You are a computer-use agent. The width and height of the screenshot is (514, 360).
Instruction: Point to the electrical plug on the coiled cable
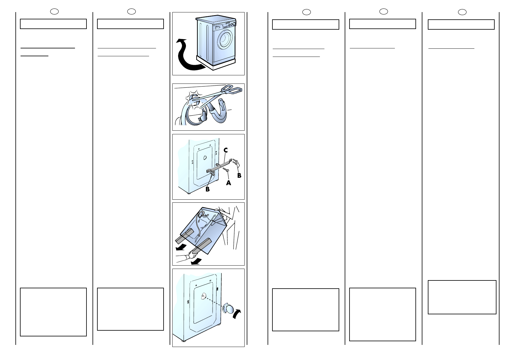pos(203,117)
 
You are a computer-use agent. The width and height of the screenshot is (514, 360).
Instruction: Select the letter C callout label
pos(226,150)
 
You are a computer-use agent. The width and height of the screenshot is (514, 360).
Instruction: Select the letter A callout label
pos(228,183)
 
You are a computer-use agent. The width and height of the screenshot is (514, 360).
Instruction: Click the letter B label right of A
pos(239,175)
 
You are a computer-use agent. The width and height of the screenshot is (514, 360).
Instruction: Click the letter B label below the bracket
pos(207,189)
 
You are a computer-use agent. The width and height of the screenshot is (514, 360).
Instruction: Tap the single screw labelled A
pos(226,170)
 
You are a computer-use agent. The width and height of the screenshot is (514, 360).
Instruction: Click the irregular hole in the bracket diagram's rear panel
pos(205,158)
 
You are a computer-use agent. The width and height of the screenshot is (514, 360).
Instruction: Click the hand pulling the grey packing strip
pos(193,254)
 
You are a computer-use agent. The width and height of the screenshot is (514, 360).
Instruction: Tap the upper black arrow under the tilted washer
pos(181,247)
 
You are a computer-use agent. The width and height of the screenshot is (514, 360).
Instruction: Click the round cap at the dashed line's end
pos(228,308)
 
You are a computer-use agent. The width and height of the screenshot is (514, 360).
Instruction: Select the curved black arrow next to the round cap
pos(237,314)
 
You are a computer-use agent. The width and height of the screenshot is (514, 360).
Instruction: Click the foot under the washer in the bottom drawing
pos(184,341)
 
